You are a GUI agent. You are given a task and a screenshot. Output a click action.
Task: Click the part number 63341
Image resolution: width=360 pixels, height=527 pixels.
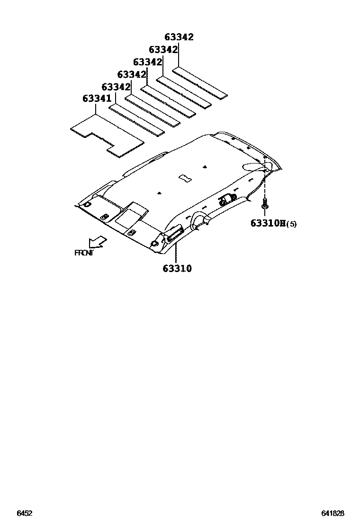coord(97,99)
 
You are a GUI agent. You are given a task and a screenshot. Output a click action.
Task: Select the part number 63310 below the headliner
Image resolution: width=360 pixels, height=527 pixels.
coord(177,269)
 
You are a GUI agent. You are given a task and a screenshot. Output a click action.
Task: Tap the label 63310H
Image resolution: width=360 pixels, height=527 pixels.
coord(266,223)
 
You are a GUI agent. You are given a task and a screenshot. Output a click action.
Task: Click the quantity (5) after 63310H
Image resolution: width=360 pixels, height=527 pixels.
coord(291,224)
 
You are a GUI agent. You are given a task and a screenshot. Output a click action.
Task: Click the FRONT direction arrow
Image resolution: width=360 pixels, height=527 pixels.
coord(98,242)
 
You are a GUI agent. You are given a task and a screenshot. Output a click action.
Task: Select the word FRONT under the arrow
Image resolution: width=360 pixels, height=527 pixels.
coord(84,253)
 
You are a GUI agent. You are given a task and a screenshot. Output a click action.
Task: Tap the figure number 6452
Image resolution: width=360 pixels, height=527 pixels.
coord(25,513)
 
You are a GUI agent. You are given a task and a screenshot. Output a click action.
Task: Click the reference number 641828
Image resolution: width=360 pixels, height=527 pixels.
coord(332,513)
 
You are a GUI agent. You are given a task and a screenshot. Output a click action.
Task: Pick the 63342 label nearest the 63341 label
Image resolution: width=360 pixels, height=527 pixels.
coord(116,87)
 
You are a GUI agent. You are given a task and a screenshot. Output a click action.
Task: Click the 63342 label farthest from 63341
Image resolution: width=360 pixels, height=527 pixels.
coord(179,37)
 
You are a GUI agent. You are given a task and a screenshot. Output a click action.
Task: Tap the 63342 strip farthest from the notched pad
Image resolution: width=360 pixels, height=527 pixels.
coord(199,83)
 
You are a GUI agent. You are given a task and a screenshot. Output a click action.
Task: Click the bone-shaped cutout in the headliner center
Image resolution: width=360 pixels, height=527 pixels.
coord(184,178)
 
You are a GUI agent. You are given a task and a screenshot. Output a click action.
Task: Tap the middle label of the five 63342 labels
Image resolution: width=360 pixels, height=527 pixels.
coord(147,62)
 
